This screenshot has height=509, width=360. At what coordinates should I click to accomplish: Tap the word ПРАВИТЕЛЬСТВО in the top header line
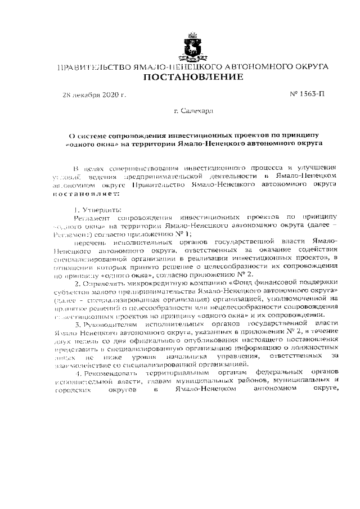click(93, 66)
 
